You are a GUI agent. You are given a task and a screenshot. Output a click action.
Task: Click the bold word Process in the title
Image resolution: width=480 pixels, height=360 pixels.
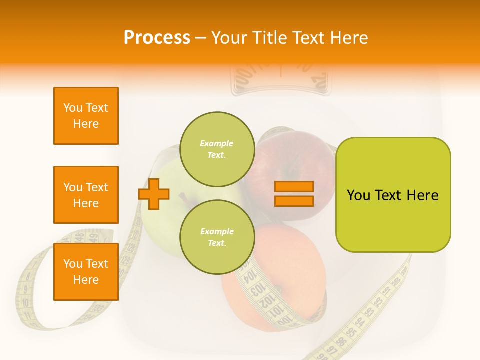[156, 38]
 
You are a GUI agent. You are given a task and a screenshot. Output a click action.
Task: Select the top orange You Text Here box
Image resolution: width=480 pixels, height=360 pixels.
[86, 116]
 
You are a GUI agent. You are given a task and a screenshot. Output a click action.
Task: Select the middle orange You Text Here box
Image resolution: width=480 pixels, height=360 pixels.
[86, 195]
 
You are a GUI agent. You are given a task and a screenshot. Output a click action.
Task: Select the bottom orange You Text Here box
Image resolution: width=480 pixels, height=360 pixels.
[86, 272]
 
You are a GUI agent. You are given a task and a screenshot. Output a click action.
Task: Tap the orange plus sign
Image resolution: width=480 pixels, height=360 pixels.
[154, 194]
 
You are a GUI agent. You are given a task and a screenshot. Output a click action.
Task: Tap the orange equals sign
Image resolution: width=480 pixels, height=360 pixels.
[294, 194]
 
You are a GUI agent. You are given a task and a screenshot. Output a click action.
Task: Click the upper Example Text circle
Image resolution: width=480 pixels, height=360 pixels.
[217, 149]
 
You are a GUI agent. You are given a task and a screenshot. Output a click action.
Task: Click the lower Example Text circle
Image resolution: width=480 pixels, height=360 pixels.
[217, 237]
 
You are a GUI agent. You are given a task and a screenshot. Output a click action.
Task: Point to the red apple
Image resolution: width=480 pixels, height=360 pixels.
[295, 160]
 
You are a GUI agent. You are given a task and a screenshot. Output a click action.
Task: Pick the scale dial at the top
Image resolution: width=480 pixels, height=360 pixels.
[280, 77]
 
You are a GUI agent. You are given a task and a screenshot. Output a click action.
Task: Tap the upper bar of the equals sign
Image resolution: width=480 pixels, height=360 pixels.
[294, 187]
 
